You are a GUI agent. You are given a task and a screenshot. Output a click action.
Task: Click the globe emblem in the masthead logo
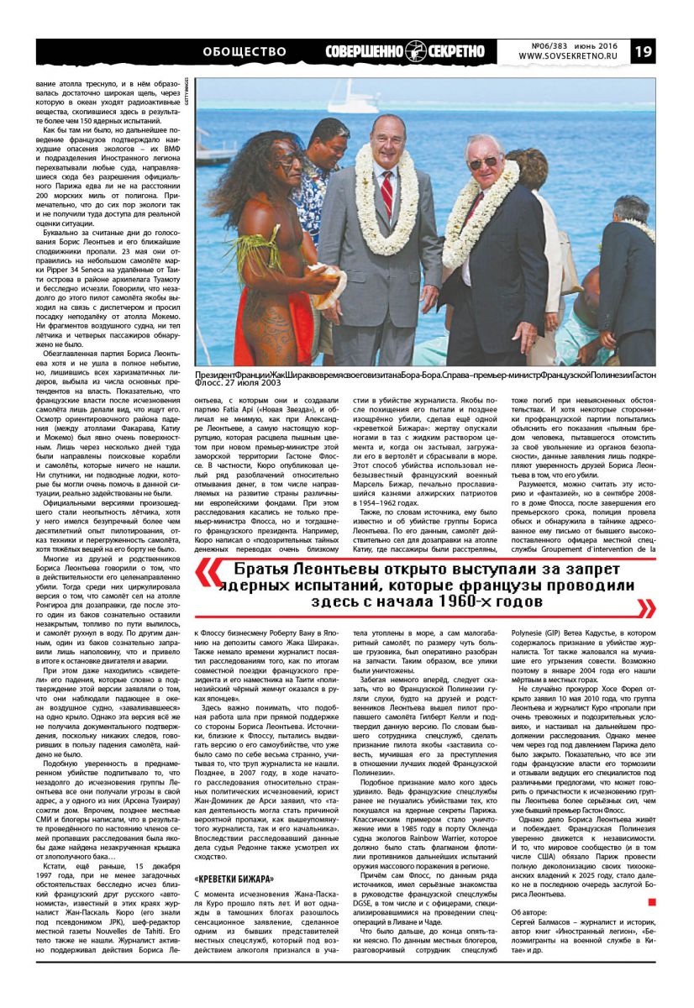418,51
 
